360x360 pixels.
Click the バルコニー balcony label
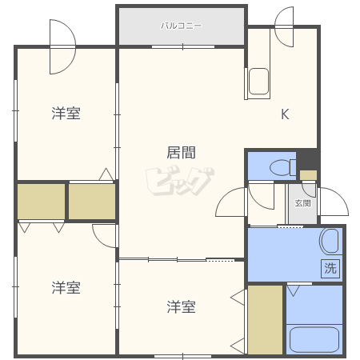tap(181, 26)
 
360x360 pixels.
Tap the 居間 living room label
tap(181, 153)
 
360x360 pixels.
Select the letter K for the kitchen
tap(285, 114)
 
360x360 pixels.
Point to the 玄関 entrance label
tap(302, 203)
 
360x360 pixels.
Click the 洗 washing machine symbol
tap(330, 268)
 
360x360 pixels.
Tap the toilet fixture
tap(282, 167)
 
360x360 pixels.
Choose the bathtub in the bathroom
tap(314, 340)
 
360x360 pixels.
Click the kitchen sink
tap(258, 82)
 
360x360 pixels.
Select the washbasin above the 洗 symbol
tap(330, 241)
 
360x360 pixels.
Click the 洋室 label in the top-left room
tap(66, 113)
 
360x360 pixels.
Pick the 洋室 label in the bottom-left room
tap(66, 287)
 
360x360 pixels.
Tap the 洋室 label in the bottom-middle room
tap(181, 306)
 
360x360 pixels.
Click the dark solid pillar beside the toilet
tap(308, 160)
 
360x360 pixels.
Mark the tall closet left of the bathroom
tap(265, 320)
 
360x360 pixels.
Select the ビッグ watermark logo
tap(180, 182)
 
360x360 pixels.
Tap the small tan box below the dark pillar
tap(308, 175)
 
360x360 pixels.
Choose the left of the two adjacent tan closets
tap(42, 202)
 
